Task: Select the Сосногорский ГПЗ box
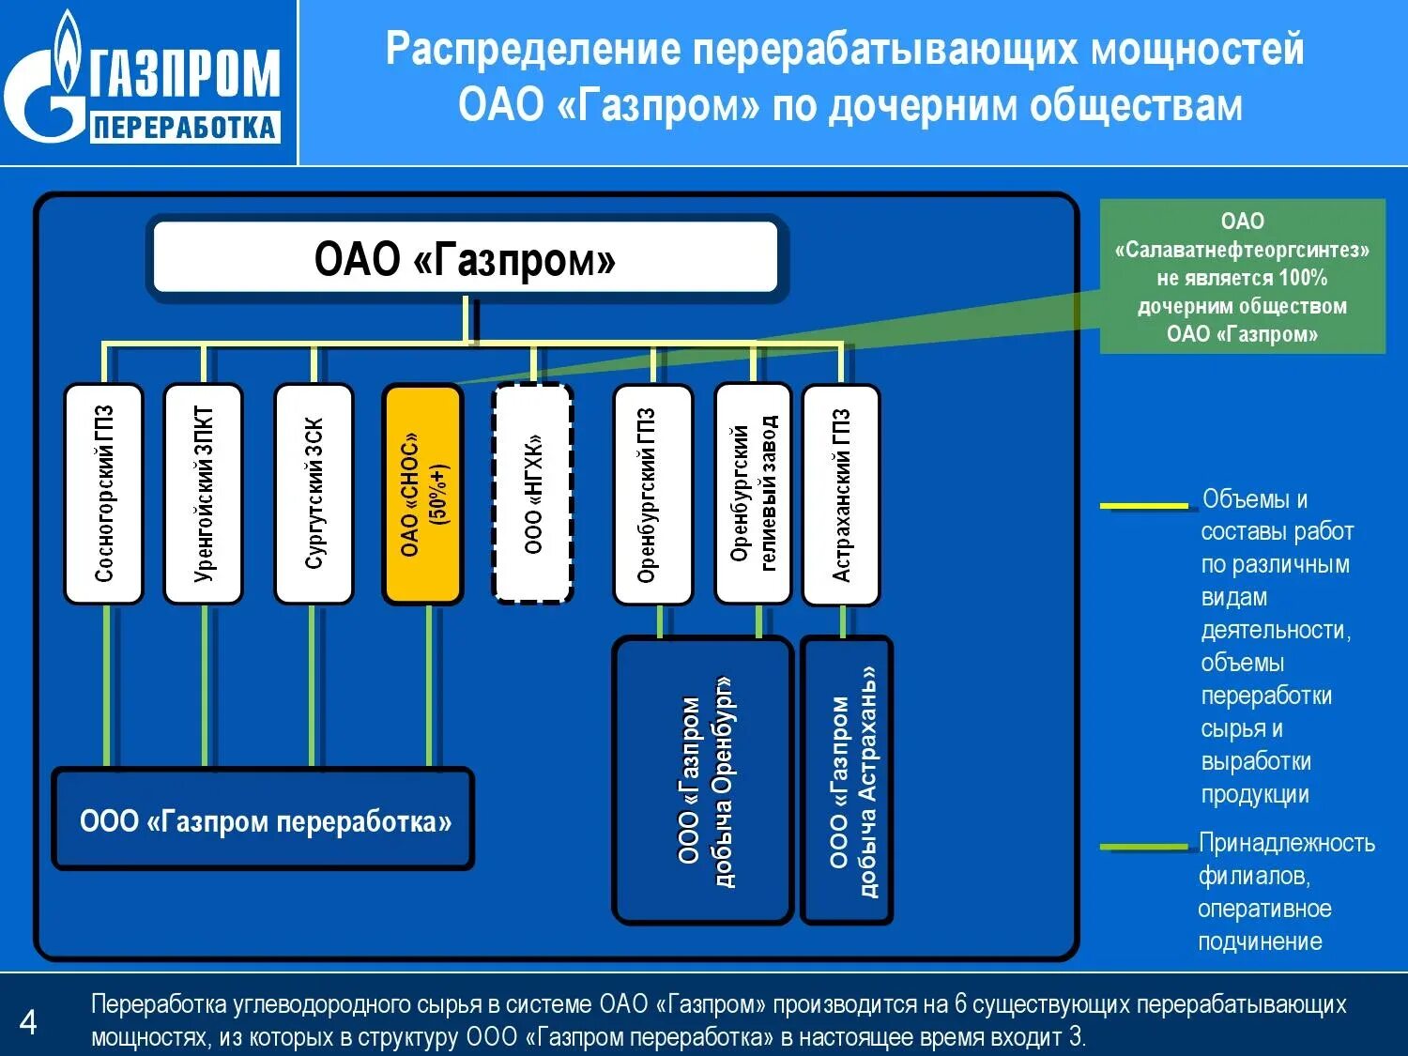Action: [x=103, y=494]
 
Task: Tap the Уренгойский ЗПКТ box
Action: [x=203, y=494]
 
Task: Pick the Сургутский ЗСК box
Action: [x=314, y=494]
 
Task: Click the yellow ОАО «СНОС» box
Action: [x=422, y=494]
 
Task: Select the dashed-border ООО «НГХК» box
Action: [x=533, y=494]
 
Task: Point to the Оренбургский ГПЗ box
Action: [x=652, y=494]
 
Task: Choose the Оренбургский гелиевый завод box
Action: [x=753, y=494]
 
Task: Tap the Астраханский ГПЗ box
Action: [x=842, y=494]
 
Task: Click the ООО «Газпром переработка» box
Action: [x=264, y=820]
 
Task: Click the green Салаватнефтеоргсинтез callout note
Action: [x=1242, y=277]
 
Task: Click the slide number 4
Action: [x=28, y=1021]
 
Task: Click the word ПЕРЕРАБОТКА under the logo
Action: [x=185, y=128]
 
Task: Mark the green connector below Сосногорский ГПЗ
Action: [x=107, y=685]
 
